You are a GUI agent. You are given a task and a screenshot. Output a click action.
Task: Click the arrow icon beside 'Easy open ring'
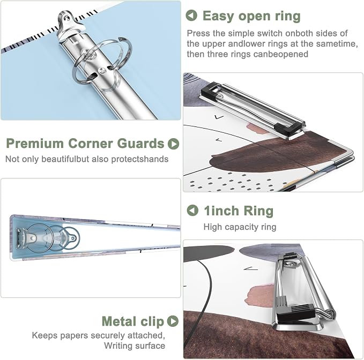point(191,16)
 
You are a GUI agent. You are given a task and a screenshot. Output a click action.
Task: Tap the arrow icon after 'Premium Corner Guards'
point(173,144)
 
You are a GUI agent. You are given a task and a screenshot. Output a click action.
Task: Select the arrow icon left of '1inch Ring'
point(192,211)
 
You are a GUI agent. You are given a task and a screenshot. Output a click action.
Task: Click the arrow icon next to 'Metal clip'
point(173,321)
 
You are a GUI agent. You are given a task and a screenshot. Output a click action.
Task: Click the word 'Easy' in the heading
point(218,17)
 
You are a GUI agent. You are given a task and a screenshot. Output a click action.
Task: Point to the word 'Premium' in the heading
point(35,144)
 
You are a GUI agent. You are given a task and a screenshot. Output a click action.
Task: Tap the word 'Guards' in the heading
point(140,144)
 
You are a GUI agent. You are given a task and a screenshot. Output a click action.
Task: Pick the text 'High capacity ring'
point(240,227)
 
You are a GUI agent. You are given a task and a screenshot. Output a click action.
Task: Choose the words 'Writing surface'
point(135,346)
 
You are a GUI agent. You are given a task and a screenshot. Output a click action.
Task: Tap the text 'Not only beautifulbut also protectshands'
point(87,159)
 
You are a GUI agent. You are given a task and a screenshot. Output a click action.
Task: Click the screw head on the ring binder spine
point(101,71)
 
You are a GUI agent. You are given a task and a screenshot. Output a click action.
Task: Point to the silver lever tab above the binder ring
point(68,22)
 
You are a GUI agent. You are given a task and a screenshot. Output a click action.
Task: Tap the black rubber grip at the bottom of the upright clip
point(296,314)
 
